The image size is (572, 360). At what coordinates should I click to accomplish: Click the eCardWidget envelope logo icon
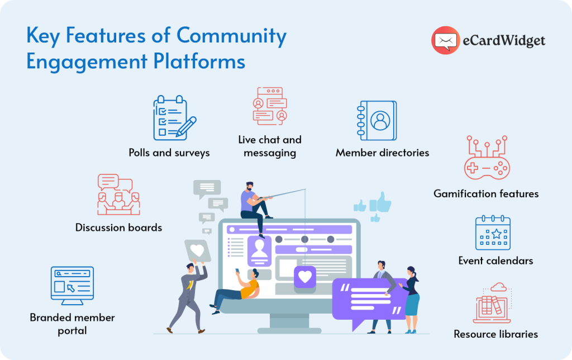click(445, 40)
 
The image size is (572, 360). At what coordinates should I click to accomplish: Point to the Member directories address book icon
click(378, 120)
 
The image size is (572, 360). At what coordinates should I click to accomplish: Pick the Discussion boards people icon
click(118, 195)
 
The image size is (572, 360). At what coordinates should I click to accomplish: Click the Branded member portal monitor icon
click(71, 286)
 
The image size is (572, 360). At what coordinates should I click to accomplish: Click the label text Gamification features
click(486, 194)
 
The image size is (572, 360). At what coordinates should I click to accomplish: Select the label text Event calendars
click(495, 260)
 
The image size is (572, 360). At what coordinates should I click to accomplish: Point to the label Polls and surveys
click(169, 153)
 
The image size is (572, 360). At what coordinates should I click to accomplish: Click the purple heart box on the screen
click(304, 277)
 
